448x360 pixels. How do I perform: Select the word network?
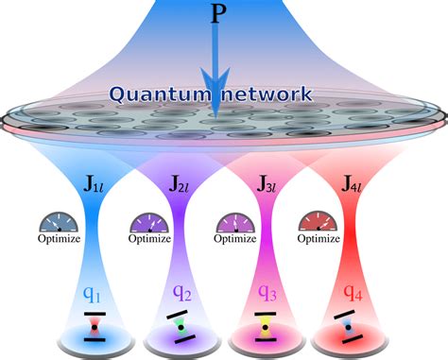click(272, 94)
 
